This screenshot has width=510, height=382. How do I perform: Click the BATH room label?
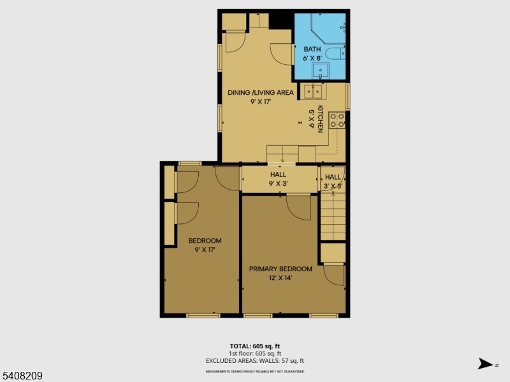pos(312,49)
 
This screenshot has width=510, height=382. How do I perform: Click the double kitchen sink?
pos(313,92)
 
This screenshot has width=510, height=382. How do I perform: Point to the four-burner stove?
pos(337,120)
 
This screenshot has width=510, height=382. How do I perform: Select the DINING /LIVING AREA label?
pos(261,92)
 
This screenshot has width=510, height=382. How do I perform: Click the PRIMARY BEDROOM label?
pos(280,269)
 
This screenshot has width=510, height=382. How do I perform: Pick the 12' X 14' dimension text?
pos(280,278)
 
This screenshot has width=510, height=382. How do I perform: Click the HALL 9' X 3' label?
pos(278,179)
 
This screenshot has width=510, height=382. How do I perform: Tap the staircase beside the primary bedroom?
pos(332,216)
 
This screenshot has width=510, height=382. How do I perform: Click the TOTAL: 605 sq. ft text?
pos(254,346)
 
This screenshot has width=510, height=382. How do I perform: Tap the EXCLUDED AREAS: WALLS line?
pos(254,360)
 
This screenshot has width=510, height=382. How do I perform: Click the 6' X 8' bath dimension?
pos(312,58)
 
